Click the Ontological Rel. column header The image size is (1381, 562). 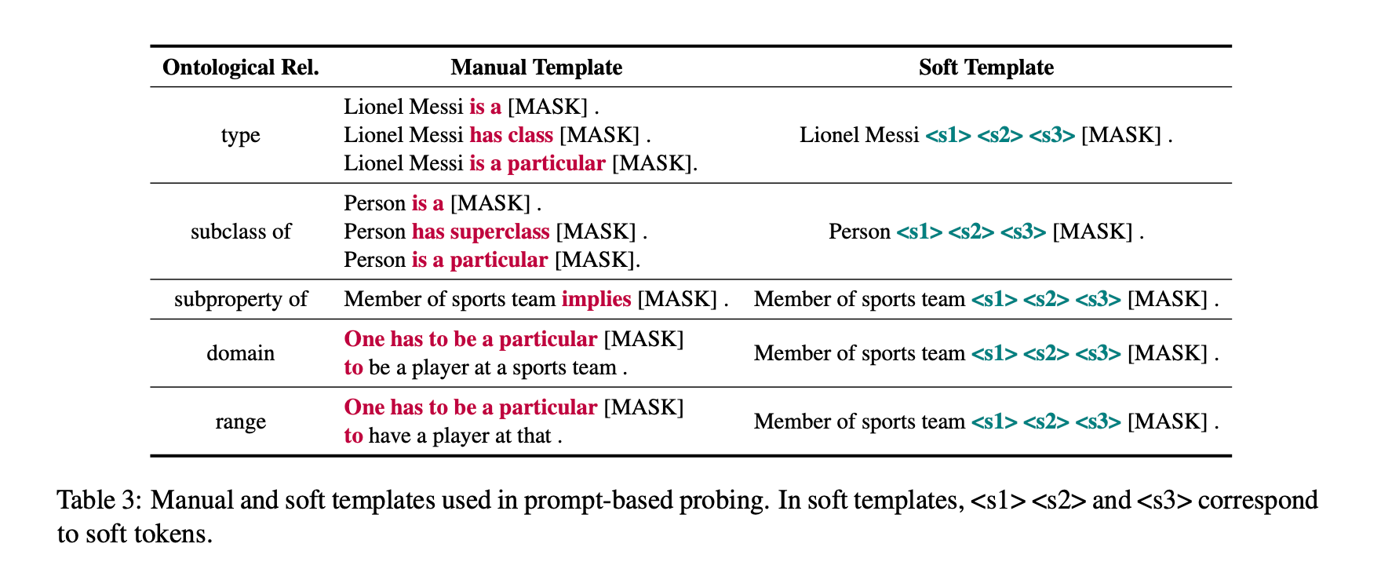point(240,68)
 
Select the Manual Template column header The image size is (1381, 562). point(536,68)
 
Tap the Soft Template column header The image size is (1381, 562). point(986,68)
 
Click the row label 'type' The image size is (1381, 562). point(240,135)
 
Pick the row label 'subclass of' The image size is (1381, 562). point(240,232)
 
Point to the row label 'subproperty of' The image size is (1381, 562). point(240,299)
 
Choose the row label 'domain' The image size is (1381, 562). point(240,353)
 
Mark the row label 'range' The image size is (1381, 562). point(240,421)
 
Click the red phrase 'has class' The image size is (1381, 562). point(511,135)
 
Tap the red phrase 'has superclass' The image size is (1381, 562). point(480,232)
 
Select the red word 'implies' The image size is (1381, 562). point(596,299)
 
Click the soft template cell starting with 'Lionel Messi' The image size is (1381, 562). point(986,135)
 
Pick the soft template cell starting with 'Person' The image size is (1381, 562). point(986,232)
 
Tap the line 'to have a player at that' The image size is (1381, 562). point(453,436)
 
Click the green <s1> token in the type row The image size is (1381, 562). point(948,135)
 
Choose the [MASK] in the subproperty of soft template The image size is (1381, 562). point(1167,299)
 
